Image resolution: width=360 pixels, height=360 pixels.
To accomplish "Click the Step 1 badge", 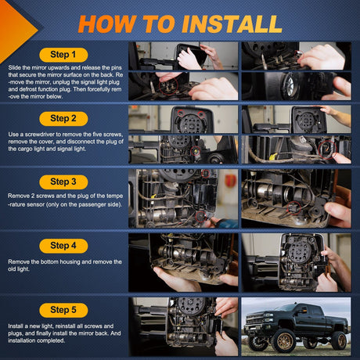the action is coord(63,55).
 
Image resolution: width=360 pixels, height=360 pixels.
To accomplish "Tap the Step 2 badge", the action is coord(63,119).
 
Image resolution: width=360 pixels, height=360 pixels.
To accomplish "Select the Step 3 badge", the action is coord(63,182).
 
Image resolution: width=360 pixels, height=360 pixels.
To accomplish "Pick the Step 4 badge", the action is coord(63,246).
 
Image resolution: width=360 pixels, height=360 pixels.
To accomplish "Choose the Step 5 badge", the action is coord(63,310).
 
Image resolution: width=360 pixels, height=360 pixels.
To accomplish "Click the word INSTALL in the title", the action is coord(232,24).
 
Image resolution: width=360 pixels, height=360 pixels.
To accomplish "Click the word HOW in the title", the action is coord(107,24).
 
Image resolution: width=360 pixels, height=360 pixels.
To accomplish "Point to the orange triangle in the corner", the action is coord(16,30).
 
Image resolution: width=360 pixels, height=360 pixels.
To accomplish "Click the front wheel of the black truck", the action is coord(283,340).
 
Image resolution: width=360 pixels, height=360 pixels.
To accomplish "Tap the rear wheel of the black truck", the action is coord(339,340).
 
